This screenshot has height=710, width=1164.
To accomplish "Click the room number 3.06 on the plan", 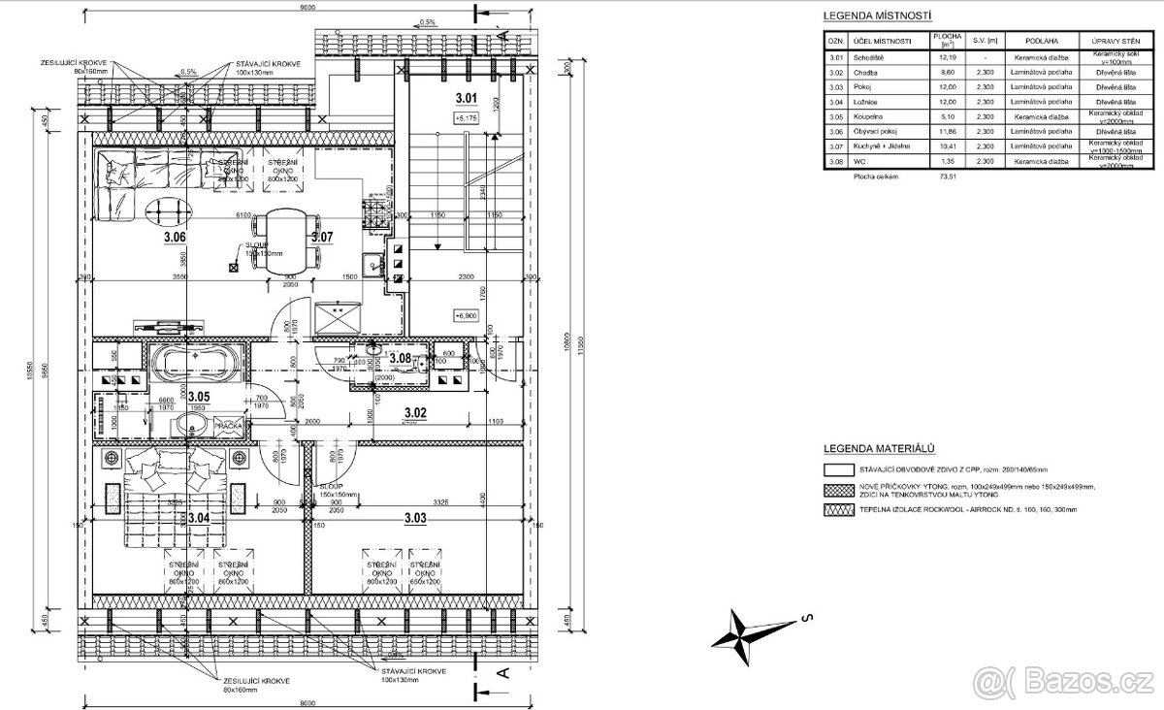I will [175, 237].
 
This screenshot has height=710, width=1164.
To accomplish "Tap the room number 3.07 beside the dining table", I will [322, 237].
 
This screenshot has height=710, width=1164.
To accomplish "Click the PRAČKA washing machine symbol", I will [230, 426].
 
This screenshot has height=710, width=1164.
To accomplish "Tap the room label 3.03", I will [414, 519].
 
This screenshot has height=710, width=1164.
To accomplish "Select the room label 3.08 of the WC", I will [400, 358].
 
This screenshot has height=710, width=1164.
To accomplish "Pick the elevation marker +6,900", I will [467, 316].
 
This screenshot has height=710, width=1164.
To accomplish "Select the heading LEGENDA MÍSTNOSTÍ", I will [877, 16].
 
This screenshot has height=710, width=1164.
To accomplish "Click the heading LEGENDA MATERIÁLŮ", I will [878, 449].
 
